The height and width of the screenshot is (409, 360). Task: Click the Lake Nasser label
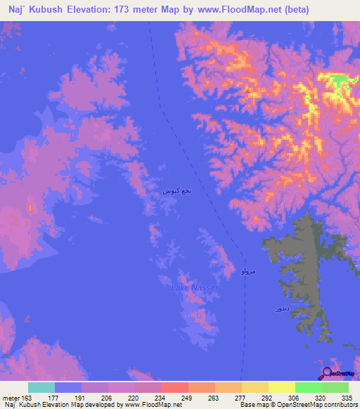195,287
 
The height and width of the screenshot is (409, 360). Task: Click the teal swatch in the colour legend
41,387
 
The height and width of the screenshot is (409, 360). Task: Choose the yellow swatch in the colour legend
281,387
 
